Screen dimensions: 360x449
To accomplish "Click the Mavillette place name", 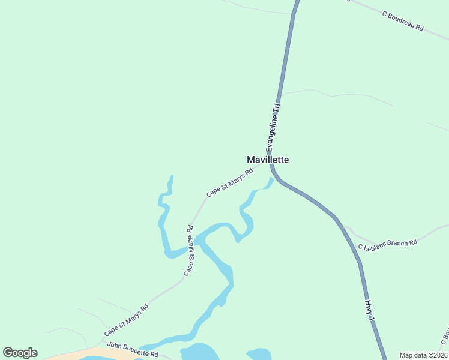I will [268, 160].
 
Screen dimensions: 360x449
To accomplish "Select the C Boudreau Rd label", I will [403, 20].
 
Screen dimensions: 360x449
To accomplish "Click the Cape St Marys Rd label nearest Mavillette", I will [229, 182].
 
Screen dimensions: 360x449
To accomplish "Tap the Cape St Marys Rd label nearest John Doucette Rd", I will [126, 320].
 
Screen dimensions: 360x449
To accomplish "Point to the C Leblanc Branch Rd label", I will [387, 245].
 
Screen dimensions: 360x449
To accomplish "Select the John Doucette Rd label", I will [132, 350].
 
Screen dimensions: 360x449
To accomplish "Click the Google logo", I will [20, 353].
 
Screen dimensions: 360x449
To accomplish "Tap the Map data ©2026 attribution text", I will [423, 355].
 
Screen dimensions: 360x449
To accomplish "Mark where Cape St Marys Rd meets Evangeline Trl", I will [270, 166].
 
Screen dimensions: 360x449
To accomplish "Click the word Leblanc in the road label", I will [375, 246].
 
